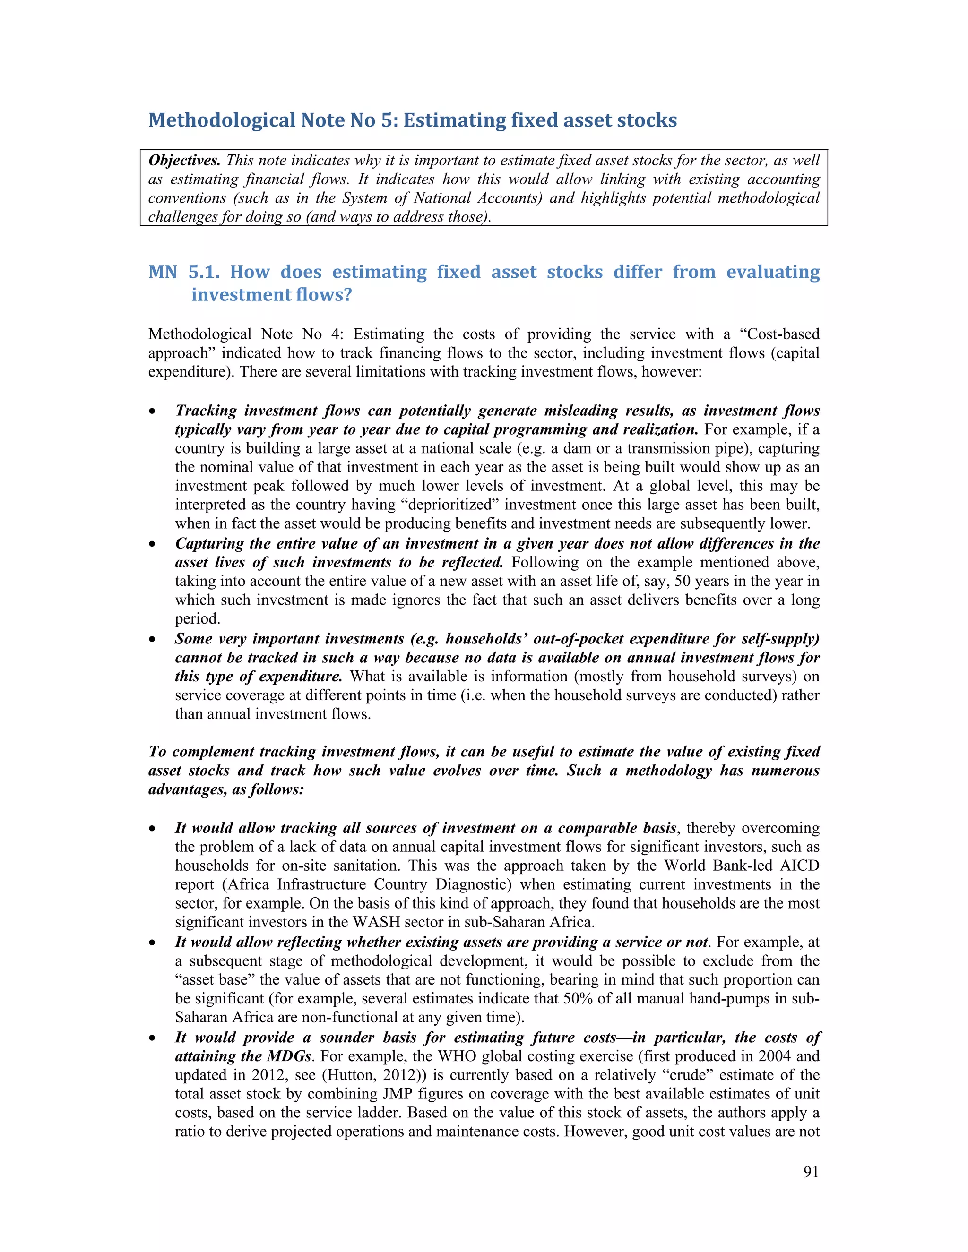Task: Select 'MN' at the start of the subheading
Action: tap(163, 272)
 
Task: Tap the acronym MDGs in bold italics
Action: tap(288, 1056)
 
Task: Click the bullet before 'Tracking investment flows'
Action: tap(152, 412)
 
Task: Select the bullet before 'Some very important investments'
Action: tap(152, 640)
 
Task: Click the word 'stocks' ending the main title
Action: tap(648, 120)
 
